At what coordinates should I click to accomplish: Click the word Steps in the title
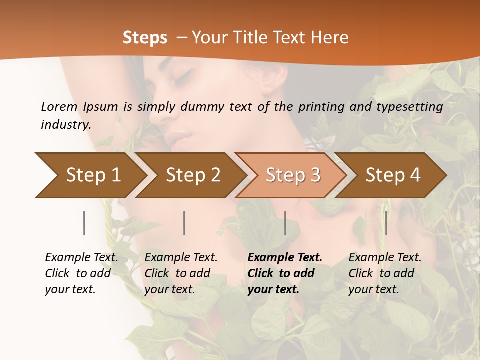[145, 38]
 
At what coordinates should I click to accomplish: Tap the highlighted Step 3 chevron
[293, 175]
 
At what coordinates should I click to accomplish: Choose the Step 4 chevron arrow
[393, 175]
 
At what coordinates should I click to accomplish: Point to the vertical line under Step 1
[84, 223]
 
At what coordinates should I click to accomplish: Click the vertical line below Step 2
[184, 223]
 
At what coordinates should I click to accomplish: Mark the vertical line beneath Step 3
[285, 223]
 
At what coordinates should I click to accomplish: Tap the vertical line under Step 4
[386, 223]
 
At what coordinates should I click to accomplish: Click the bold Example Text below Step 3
[285, 258]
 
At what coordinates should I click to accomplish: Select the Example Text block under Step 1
[81, 273]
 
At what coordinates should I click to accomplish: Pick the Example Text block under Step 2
[181, 273]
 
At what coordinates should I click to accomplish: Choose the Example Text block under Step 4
[385, 273]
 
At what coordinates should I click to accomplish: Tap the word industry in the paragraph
[66, 124]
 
